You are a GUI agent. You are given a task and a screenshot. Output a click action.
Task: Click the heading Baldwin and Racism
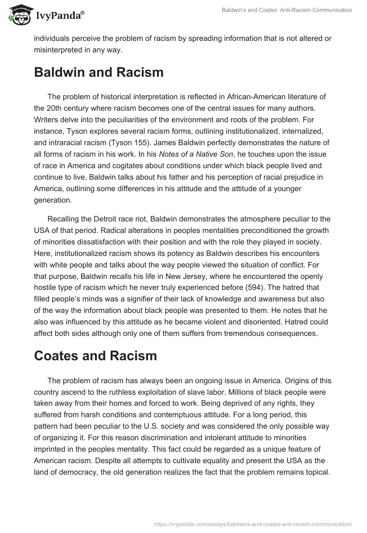click(99, 72)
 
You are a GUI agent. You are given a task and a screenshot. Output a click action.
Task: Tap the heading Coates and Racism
click(95, 355)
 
